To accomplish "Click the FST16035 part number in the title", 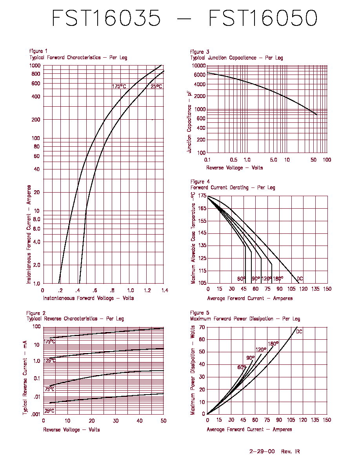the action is click(106, 18).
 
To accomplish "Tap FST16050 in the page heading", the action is click(263, 18).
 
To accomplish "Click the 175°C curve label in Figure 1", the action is click(119, 86).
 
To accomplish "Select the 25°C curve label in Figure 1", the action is click(156, 86).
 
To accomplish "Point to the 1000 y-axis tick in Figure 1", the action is click(35, 66).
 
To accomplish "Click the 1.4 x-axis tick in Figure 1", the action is click(165, 290).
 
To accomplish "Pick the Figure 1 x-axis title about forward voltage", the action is click(89, 298).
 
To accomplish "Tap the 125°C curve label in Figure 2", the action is click(49, 360).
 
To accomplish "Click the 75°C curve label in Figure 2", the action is click(49, 389).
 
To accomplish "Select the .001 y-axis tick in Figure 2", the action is click(36, 414).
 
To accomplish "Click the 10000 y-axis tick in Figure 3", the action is click(199, 66).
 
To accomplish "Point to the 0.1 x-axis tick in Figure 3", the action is click(207, 160).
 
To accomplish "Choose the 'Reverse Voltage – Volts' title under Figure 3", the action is click(235, 168).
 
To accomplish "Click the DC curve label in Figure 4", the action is click(300, 279).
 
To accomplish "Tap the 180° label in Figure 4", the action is click(278, 279).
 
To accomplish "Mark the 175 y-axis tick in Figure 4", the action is click(202, 196).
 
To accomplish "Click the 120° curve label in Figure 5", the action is click(261, 350).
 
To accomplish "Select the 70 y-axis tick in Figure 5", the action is click(202, 327).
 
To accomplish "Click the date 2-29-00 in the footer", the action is click(262, 451).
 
